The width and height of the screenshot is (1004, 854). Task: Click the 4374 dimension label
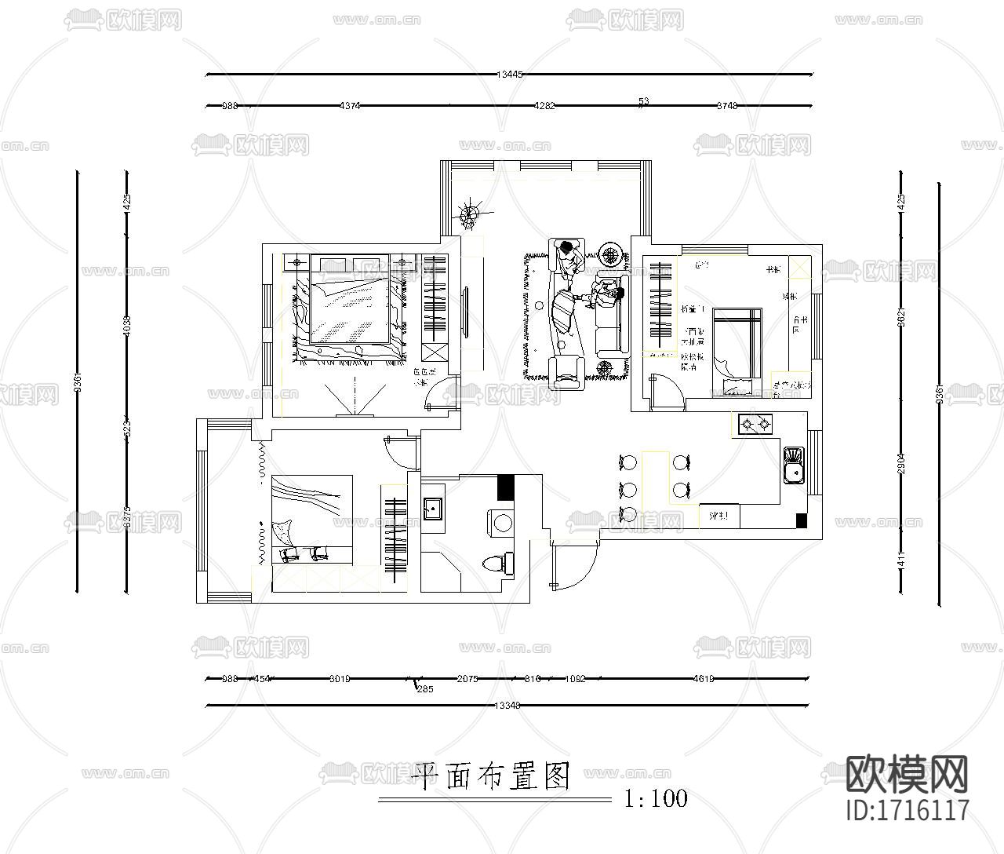349,105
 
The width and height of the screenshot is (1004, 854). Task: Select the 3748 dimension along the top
727,105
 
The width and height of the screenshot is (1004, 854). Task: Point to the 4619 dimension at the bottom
703,679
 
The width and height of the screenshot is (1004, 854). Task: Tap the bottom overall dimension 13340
508,705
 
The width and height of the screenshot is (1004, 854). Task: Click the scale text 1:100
656,799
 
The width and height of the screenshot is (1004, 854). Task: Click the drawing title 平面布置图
490,776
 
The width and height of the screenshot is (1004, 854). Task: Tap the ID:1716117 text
908,809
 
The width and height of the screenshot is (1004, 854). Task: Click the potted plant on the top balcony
471,214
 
